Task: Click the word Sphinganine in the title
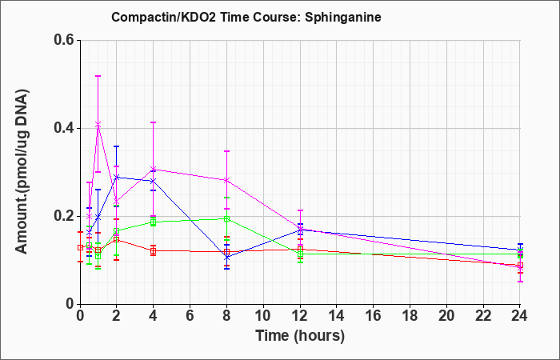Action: click(343, 18)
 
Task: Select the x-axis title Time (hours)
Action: click(300, 336)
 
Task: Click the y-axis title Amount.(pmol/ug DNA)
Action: click(22, 172)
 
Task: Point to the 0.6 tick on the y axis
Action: click(64, 40)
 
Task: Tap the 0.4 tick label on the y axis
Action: click(64, 128)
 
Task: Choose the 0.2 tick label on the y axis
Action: click(64, 216)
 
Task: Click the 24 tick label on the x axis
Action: click(520, 315)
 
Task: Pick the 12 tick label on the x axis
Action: click(300, 315)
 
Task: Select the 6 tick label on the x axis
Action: click(190, 315)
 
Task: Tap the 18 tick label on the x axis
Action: click(410, 315)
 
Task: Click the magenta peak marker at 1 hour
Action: click(98, 124)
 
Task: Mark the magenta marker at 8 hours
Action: click(226, 180)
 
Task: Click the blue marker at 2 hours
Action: click(117, 177)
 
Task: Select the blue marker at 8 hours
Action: click(226, 257)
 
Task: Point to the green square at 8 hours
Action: click(226, 218)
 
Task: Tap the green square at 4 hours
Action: click(154, 222)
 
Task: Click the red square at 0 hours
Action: click(80, 247)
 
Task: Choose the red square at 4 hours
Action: click(154, 250)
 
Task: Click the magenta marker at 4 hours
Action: click(154, 169)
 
